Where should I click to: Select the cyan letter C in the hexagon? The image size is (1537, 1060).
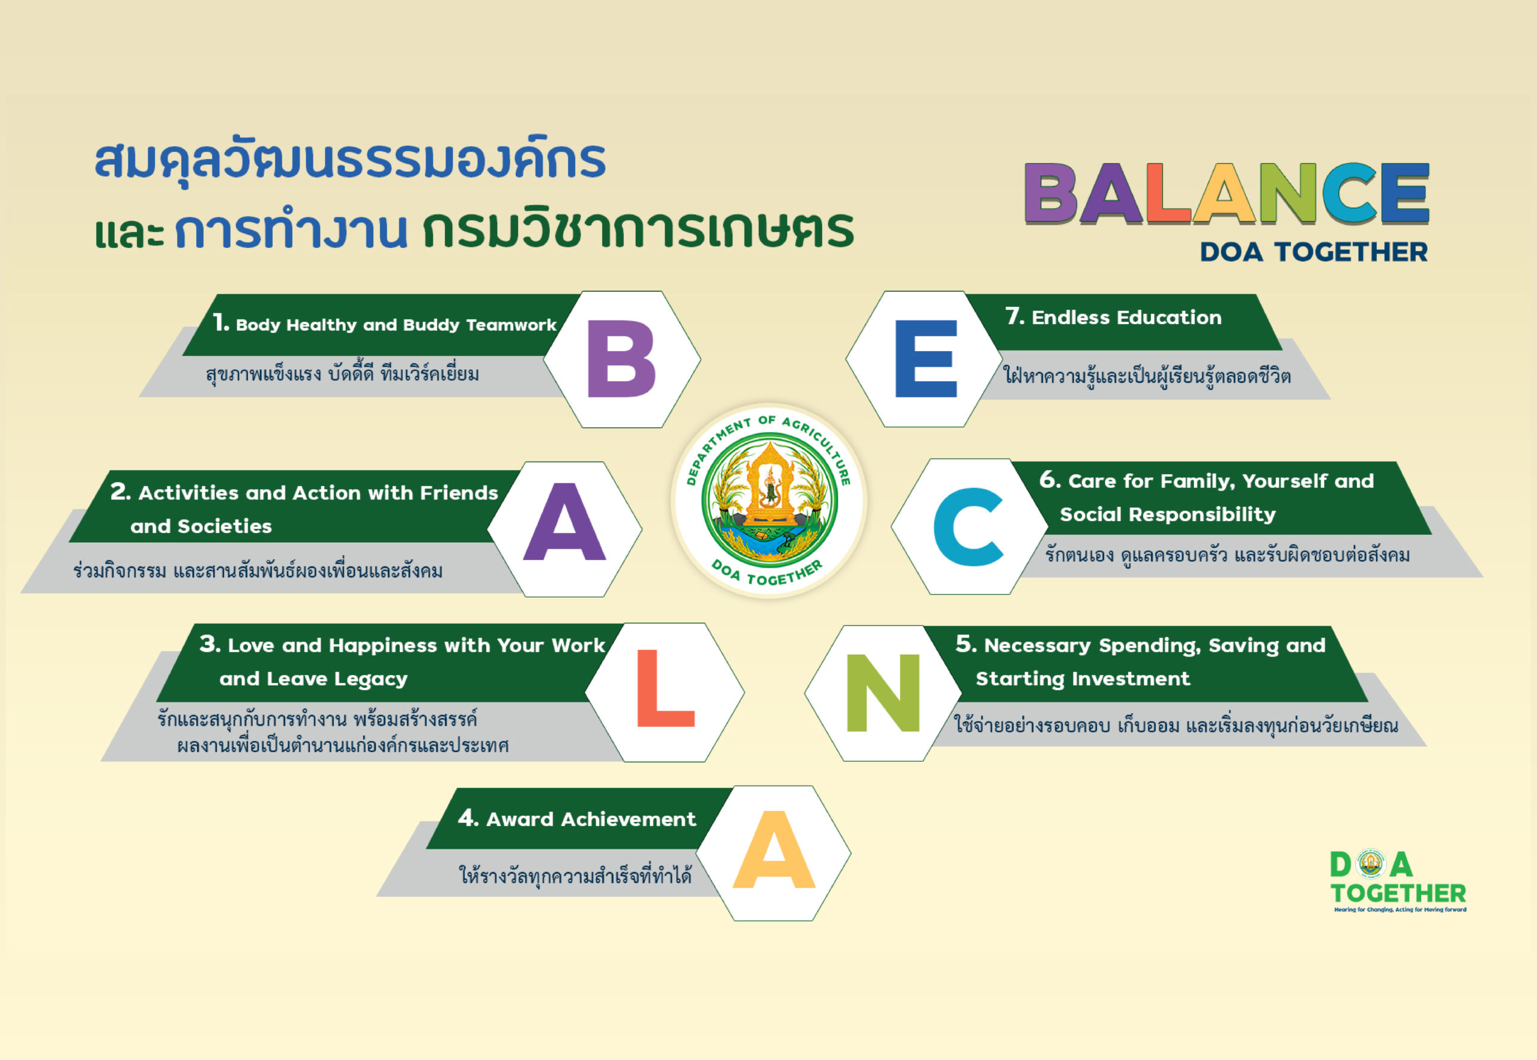pos(968,526)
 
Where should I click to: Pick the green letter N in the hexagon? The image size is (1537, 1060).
pos(883,692)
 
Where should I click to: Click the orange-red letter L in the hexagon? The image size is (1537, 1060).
pos(665,688)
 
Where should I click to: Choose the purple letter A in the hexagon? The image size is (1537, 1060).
pos(564,522)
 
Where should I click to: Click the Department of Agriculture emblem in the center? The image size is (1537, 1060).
pos(768,501)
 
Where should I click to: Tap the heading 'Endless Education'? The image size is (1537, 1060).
pos(1126,318)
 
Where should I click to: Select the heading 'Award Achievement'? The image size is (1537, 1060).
pos(591,819)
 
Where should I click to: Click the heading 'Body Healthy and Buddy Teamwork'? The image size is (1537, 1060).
pos(396,325)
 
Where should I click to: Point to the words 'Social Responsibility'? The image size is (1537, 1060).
pos(1168,514)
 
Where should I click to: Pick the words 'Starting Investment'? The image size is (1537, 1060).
pos(1083,679)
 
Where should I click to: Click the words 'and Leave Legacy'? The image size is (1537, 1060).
pos(313,679)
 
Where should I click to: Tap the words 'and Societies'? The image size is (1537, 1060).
pos(201,526)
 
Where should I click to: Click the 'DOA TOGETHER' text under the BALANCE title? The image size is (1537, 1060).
pos(1314,251)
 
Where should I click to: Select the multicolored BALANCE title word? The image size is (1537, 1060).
pos(1227,192)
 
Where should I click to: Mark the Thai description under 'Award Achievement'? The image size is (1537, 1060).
pos(575,875)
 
